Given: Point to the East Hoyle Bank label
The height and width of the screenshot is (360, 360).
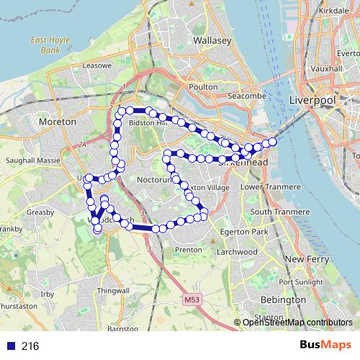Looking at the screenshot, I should click(50, 46).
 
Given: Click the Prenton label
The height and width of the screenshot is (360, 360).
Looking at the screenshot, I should click(189, 250).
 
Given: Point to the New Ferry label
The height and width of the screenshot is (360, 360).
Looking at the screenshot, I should click(307, 258).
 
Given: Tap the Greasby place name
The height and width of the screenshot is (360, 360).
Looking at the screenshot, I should click(40, 212).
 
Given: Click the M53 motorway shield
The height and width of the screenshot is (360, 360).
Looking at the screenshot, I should click(191, 298).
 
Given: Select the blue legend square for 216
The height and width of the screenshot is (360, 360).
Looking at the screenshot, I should click(11, 346).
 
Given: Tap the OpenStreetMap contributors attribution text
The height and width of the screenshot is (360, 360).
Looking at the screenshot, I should click(297, 323).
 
